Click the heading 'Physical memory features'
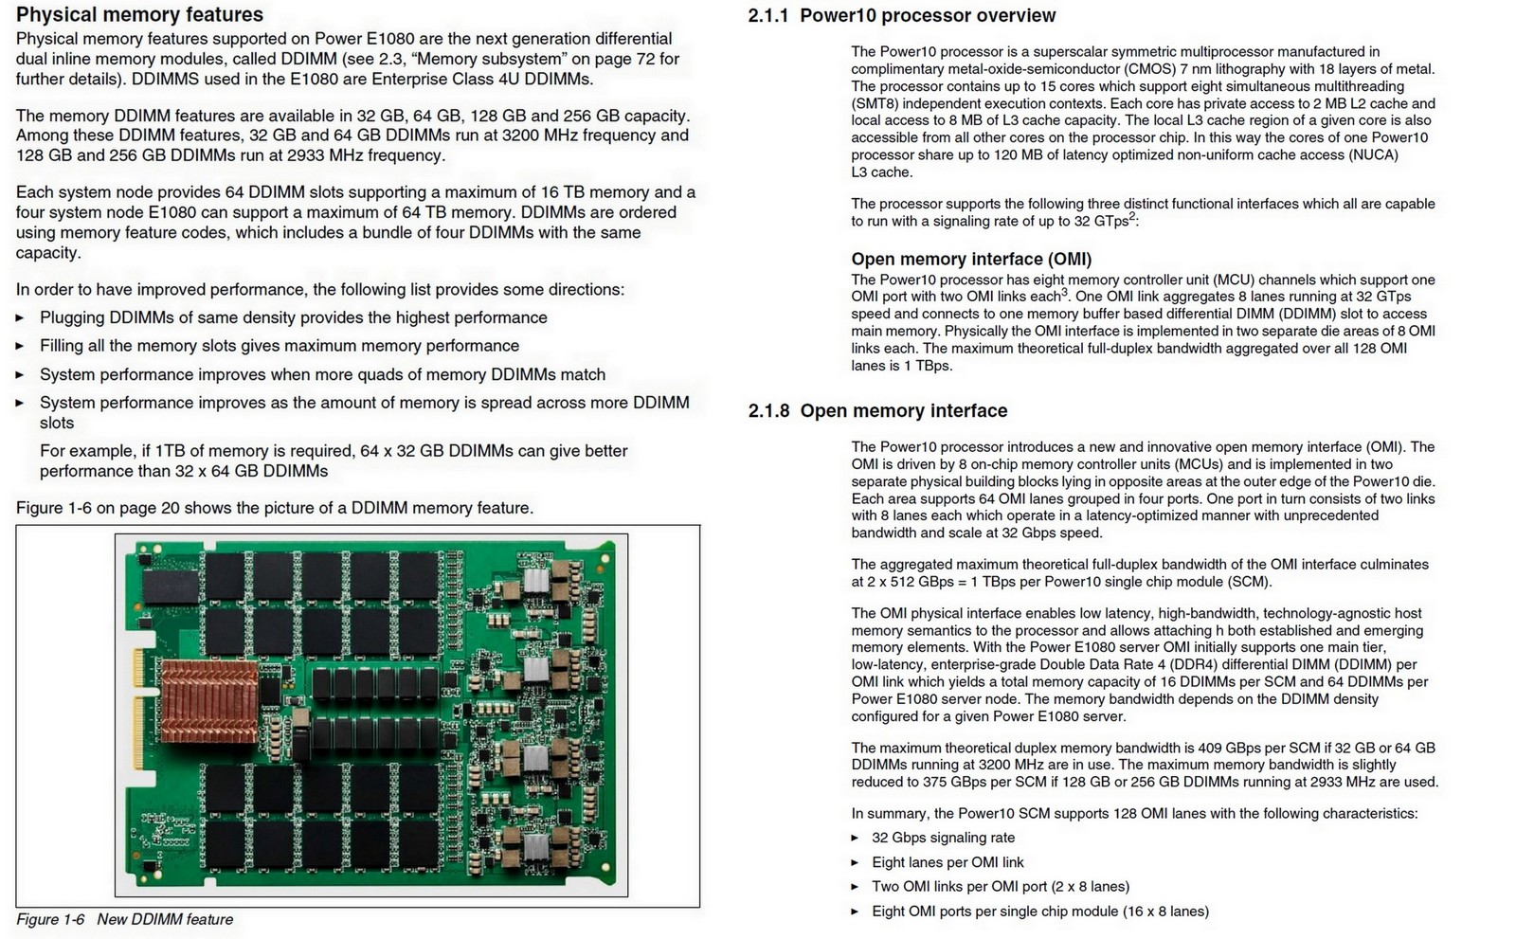coord(140,15)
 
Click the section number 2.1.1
coord(767,16)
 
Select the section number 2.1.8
coord(767,411)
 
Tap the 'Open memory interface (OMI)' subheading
coord(971,260)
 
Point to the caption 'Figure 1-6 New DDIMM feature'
coord(124,919)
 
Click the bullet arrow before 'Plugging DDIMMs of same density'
coord(20,318)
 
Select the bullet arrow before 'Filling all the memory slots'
coord(20,347)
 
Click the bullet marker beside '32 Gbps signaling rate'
coord(855,838)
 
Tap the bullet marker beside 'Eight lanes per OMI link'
coord(855,862)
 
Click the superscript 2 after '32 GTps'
coord(1132,216)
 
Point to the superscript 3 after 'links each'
coord(1064,292)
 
